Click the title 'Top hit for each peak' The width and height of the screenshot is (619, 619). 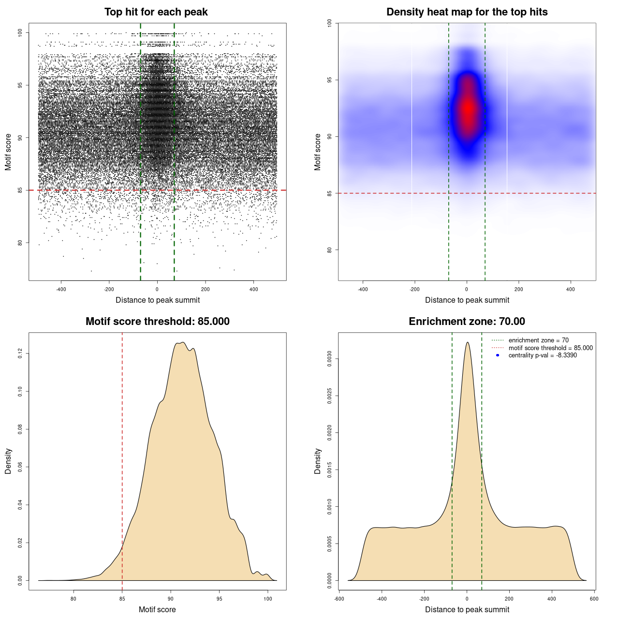click(x=156, y=12)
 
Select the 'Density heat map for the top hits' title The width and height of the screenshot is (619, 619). click(x=467, y=12)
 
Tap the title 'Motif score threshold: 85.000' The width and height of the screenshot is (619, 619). click(x=157, y=322)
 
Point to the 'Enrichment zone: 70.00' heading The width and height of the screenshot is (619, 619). click(x=467, y=322)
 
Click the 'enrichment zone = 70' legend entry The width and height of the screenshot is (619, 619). click(x=538, y=340)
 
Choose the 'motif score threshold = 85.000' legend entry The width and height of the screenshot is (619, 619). click(x=550, y=348)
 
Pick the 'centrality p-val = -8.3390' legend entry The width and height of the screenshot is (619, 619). click(x=543, y=355)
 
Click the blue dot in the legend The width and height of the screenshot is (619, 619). click(x=498, y=355)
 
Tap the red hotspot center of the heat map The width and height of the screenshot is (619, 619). click(x=468, y=109)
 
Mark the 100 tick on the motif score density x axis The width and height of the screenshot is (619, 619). click(x=268, y=599)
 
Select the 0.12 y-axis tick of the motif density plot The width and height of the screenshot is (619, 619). click(x=20, y=354)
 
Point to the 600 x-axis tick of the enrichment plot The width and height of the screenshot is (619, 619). click(x=594, y=599)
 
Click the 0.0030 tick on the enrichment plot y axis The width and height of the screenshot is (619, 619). click(x=329, y=359)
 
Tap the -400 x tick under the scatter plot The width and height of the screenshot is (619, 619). click(x=61, y=289)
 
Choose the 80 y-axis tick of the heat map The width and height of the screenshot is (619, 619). click(x=329, y=250)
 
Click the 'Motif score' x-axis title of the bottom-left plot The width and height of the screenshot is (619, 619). click(x=157, y=609)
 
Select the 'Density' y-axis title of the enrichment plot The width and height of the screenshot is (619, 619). click(x=318, y=461)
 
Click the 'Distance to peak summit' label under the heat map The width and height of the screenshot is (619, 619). click(x=467, y=300)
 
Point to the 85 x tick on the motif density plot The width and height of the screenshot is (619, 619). click(x=122, y=599)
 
